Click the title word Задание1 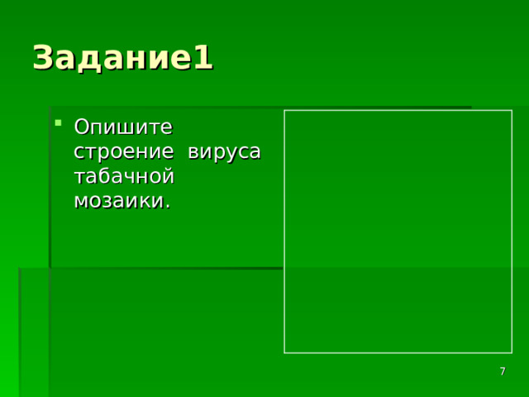pyautogui.click(x=122, y=59)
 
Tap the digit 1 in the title pyautogui.click(x=203, y=59)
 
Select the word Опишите pyautogui.click(x=123, y=127)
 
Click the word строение pyautogui.click(x=125, y=153)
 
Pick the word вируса pyautogui.click(x=224, y=153)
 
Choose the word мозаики pyautogui.click(x=120, y=201)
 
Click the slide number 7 pyautogui.click(x=503, y=372)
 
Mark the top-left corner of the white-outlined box pyautogui.click(x=284, y=111)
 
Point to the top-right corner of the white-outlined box pyautogui.click(x=512, y=111)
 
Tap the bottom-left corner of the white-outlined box pyautogui.click(x=284, y=353)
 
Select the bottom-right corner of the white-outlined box pyautogui.click(x=512, y=353)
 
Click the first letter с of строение pyautogui.click(x=79, y=154)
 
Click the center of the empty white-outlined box pyautogui.click(x=398, y=232)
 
